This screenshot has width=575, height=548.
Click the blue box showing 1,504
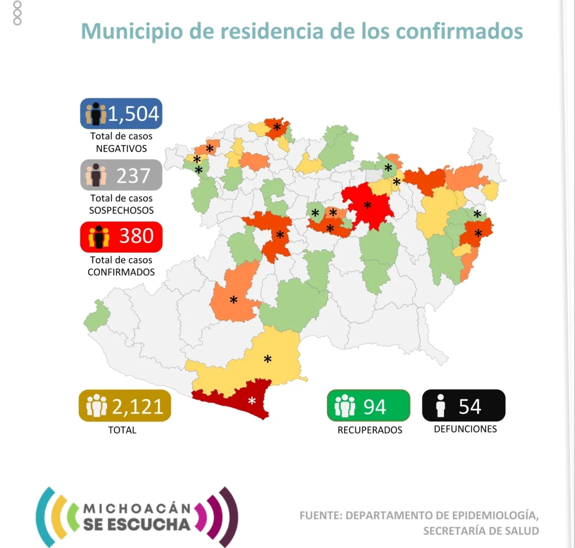click(121, 114)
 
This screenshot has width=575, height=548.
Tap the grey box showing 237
click(121, 176)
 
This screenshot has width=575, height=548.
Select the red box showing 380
click(121, 236)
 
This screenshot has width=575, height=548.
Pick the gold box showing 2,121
click(125, 406)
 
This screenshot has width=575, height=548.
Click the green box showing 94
click(368, 406)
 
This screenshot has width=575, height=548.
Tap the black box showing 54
click(463, 406)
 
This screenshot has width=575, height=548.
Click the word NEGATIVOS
click(121, 149)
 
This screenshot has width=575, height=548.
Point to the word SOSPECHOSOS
click(121, 210)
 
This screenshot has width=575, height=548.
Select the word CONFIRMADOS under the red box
click(121, 272)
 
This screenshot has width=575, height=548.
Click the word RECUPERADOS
click(370, 430)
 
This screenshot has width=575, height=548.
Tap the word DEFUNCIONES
click(465, 429)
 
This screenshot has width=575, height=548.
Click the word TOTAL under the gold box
click(122, 430)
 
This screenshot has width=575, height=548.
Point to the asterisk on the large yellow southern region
click(267, 360)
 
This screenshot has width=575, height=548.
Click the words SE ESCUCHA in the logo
click(137, 524)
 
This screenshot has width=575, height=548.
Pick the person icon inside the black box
click(441, 406)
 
